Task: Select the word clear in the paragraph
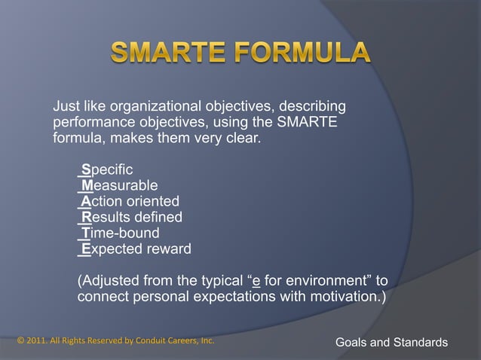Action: (239, 139)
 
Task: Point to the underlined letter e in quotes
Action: (257, 281)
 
